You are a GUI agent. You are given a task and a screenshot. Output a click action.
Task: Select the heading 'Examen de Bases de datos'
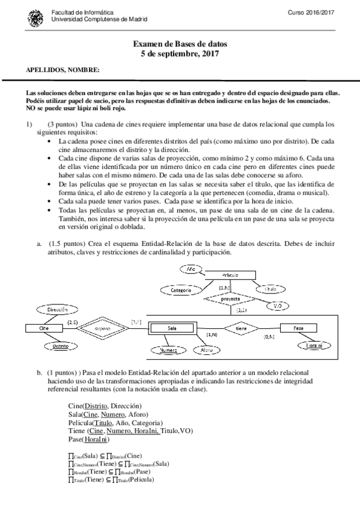tap(180, 45)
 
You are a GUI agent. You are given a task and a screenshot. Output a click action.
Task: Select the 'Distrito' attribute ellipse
tap(59, 347)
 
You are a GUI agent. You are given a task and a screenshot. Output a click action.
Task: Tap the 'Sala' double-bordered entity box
tap(173, 328)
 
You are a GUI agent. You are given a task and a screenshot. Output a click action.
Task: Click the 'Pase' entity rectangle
tap(298, 328)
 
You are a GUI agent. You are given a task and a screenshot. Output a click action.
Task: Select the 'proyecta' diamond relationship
tap(230, 298)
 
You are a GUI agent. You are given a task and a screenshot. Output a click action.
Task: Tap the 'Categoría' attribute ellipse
tap(181, 290)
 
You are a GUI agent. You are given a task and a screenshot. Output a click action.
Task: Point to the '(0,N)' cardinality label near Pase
tap(269, 337)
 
